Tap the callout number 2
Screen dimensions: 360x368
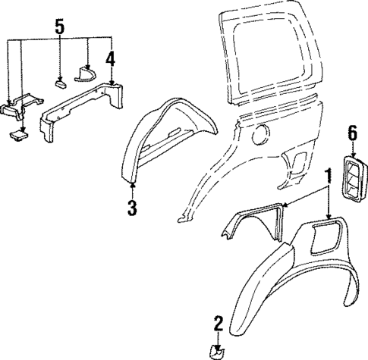point(217,325)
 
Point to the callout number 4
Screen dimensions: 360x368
point(111,58)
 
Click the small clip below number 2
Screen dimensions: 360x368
point(217,352)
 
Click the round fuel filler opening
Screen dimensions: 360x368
point(259,136)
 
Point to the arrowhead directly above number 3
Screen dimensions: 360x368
point(133,184)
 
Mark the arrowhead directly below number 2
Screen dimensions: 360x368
point(217,342)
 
